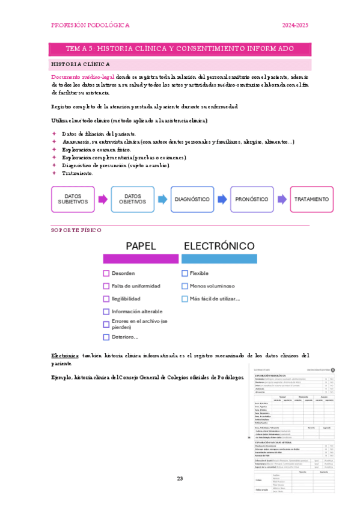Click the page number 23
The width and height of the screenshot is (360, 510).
(179, 479)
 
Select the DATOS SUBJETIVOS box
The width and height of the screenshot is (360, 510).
(73, 199)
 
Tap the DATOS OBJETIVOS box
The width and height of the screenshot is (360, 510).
(132, 199)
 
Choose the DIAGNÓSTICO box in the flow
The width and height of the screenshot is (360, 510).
(192, 199)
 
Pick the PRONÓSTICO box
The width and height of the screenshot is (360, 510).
(251, 199)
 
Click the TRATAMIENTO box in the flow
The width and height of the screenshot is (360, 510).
(311, 199)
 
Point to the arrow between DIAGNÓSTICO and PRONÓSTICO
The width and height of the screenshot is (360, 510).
(222, 199)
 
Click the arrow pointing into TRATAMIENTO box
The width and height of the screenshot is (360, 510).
(281, 199)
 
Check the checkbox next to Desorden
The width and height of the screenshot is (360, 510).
(106, 273)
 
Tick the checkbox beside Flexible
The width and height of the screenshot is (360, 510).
(185, 273)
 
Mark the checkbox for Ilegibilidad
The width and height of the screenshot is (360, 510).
(106, 299)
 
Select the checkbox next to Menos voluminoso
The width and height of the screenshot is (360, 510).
(185, 286)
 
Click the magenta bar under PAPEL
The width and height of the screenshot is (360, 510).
(141, 259)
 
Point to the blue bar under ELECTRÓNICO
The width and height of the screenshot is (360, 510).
(219, 259)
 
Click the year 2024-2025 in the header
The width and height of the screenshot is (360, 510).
(295, 25)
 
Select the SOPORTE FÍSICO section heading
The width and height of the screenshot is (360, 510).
(76, 230)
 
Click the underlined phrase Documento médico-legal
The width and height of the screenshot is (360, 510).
(78, 78)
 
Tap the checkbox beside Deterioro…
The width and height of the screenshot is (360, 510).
(106, 337)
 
